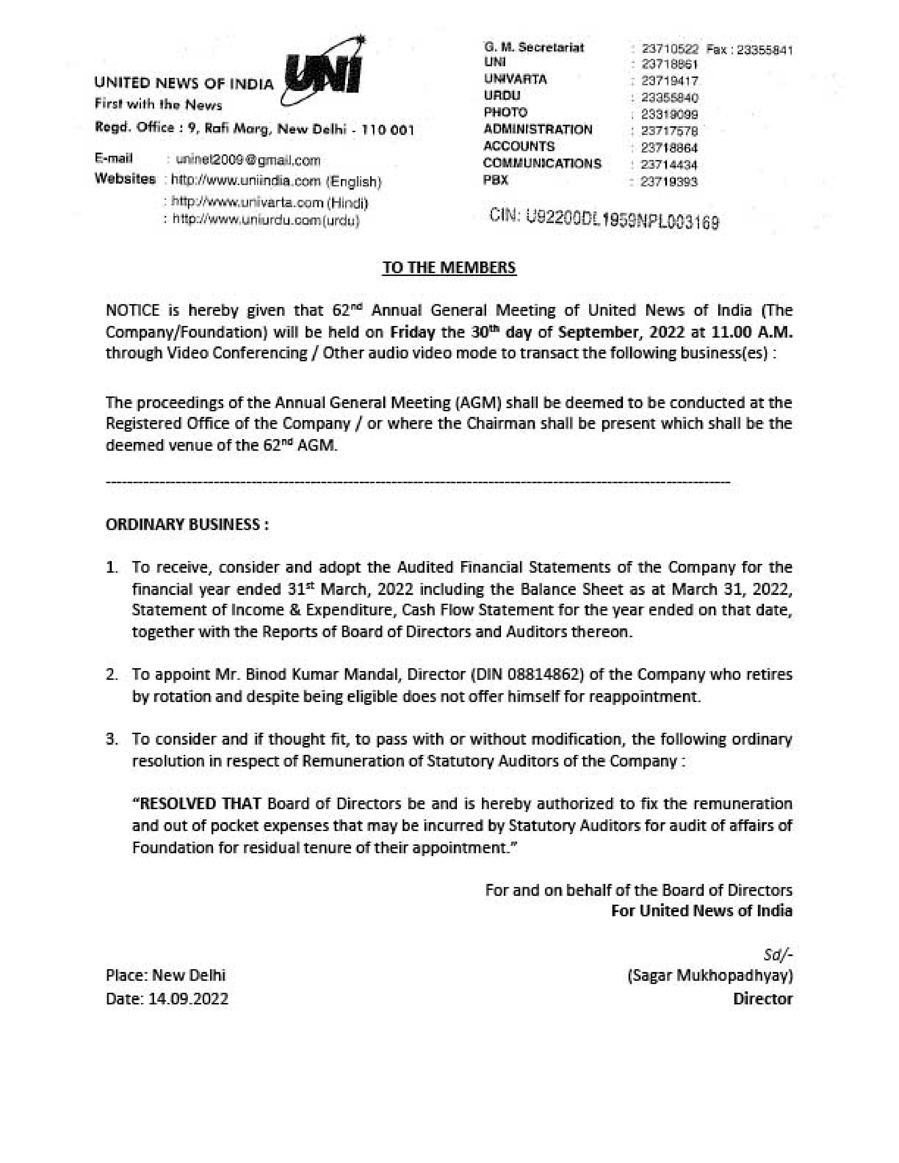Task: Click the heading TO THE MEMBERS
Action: (x=449, y=267)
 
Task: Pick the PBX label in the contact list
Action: (x=496, y=180)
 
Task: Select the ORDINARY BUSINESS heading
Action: (x=187, y=524)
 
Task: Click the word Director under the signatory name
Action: (x=763, y=998)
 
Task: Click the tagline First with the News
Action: (x=158, y=104)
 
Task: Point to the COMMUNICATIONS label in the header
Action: (x=542, y=164)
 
